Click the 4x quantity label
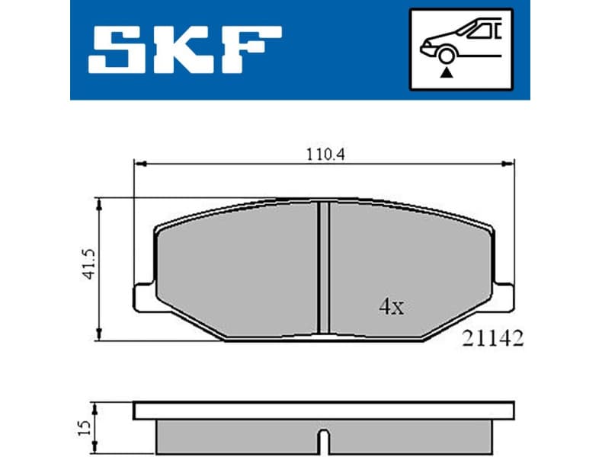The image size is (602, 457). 391,307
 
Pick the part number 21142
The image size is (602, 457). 493,340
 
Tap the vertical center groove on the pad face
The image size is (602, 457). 323,267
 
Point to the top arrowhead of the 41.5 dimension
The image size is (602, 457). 99,203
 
